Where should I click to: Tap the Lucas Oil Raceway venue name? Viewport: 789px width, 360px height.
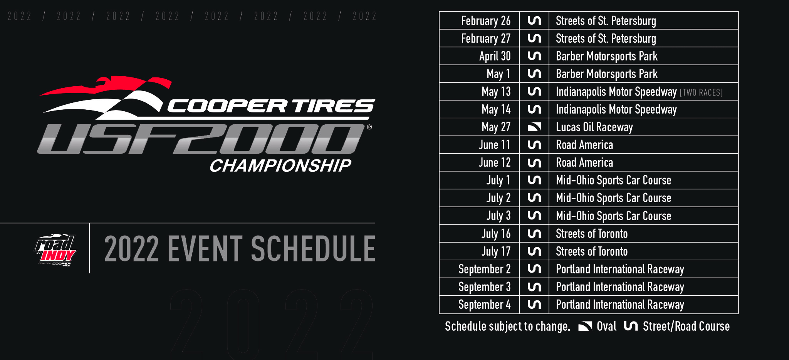pos(594,127)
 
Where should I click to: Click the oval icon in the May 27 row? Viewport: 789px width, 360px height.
pos(534,127)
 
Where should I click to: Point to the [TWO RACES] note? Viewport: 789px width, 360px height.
pos(701,92)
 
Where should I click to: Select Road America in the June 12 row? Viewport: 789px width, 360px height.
pos(584,162)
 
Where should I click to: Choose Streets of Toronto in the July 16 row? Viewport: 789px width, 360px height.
pos(592,234)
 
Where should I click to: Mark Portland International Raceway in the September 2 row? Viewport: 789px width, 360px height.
pos(620,269)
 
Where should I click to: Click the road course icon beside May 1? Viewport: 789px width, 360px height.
pos(534,74)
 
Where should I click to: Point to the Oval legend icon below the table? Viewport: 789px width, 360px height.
pos(585,326)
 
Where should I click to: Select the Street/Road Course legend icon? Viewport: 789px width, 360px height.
pos(631,326)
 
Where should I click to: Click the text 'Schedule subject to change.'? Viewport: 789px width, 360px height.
pos(507,327)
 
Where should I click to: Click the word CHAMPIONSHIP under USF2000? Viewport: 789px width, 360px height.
pos(280,166)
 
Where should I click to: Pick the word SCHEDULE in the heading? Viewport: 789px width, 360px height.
pos(313,249)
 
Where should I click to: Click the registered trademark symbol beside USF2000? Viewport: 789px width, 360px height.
pos(369,127)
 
